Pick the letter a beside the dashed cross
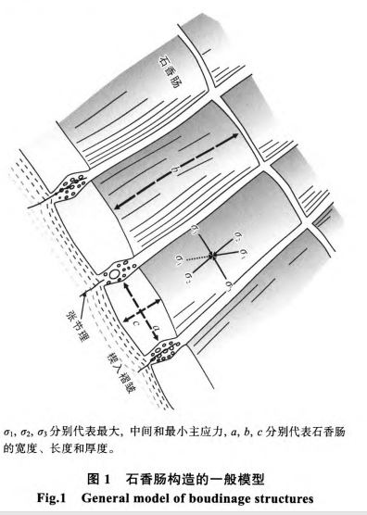(x=155, y=325)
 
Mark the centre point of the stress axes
(x=213, y=253)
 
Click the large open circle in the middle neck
(x=113, y=275)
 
